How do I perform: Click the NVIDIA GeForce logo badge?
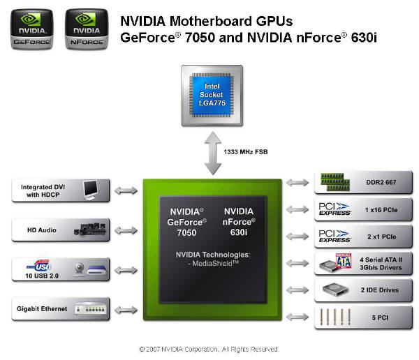[x=32, y=29]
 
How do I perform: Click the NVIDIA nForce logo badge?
[x=87, y=29]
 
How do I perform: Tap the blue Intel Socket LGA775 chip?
[x=212, y=95]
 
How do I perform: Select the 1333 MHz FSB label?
[x=246, y=152]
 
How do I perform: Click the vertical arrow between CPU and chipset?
[x=213, y=153]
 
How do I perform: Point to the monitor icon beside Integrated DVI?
[x=90, y=190]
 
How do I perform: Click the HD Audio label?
[x=42, y=230]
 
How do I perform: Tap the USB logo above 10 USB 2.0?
[x=40, y=266]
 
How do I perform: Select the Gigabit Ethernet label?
[x=42, y=309]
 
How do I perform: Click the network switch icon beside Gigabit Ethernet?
[x=90, y=308]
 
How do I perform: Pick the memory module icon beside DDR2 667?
[x=335, y=182]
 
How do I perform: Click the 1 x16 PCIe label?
[x=381, y=210]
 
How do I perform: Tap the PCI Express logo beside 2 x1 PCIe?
[x=335, y=236]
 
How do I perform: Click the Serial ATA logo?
[x=344, y=261]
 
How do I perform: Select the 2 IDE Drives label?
[x=380, y=290]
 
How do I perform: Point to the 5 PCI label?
[x=380, y=317]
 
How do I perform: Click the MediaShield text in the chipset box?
[x=213, y=264]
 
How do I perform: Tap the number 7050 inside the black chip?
[x=186, y=232]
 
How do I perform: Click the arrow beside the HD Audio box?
[x=126, y=230]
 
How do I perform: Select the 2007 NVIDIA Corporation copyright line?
[x=209, y=349]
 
